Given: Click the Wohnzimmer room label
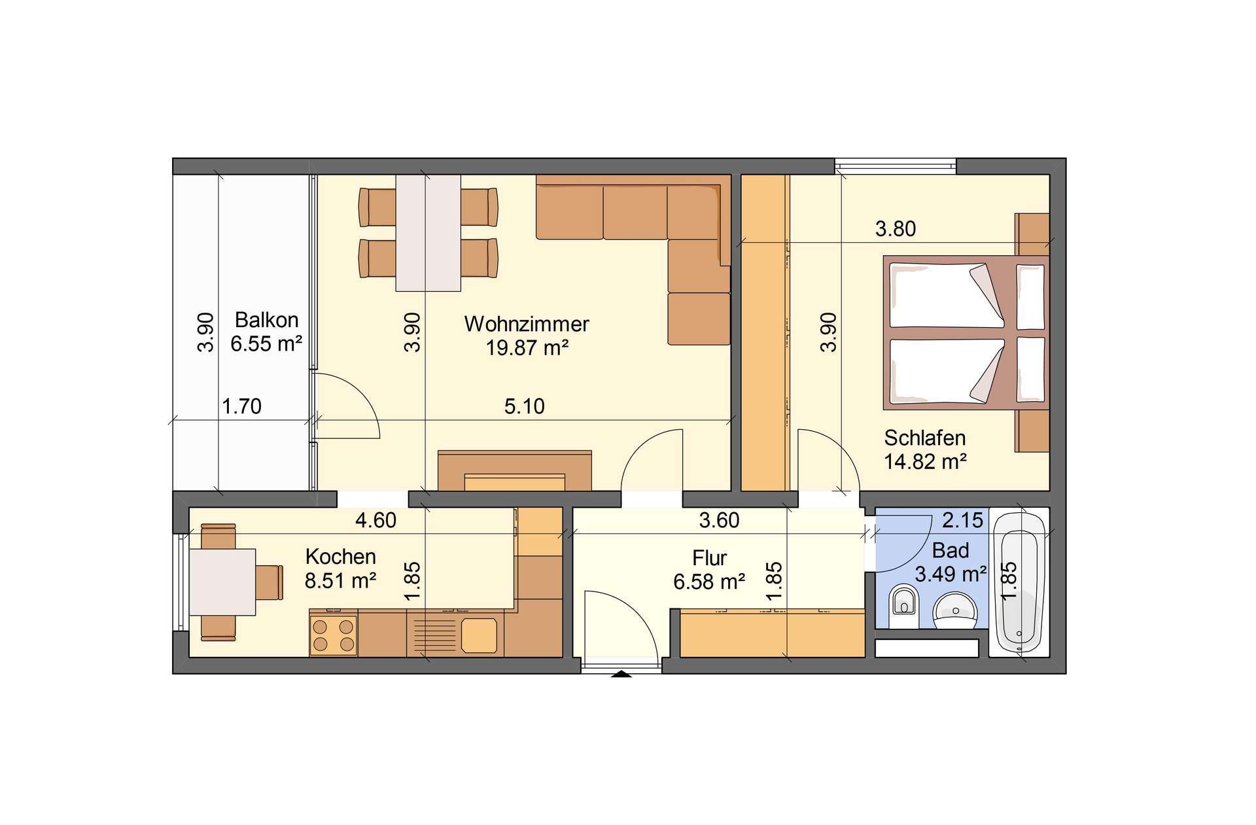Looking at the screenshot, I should click(x=527, y=324).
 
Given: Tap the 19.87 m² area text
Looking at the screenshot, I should click(x=527, y=347).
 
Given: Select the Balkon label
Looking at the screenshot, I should click(x=266, y=320).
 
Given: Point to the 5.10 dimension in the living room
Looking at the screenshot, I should click(x=524, y=406).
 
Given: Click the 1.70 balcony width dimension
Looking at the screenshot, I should click(x=241, y=406).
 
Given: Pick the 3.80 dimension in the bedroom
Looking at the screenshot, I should click(x=896, y=229).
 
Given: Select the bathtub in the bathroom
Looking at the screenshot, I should click(x=1019, y=582).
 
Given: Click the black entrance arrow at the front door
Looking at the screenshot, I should click(x=621, y=674).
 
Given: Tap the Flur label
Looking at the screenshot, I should click(x=709, y=558).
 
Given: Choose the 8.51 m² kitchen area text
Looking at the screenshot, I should click(x=340, y=580).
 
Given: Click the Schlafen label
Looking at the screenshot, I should click(x=924, y=438).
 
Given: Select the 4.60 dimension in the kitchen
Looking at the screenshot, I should click(x=375, y=520).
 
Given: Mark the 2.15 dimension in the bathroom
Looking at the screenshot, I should click(x=962, y=520).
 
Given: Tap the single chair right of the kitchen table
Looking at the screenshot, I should click(x=270, y=582).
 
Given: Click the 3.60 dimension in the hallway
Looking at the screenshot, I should click(x=719, y=520).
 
